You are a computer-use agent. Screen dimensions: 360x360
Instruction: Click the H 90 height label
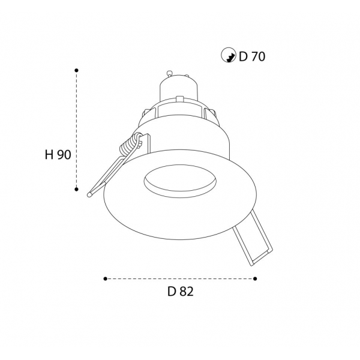[58, 155]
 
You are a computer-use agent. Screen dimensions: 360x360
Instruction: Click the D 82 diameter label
[181, 292]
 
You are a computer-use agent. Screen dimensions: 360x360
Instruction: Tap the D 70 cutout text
[252, 56]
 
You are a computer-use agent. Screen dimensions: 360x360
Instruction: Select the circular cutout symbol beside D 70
[229, 55]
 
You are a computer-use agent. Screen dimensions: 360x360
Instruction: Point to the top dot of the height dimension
[76, 70]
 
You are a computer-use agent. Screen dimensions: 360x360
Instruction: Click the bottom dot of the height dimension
[76, 189]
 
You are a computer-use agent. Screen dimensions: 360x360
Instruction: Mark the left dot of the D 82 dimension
[106, 279]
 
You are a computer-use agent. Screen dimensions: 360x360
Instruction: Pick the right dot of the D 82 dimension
[255, 279]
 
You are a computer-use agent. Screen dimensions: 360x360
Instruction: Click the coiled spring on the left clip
[130, 145]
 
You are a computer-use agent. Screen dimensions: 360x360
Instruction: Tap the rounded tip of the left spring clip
[89, 194]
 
